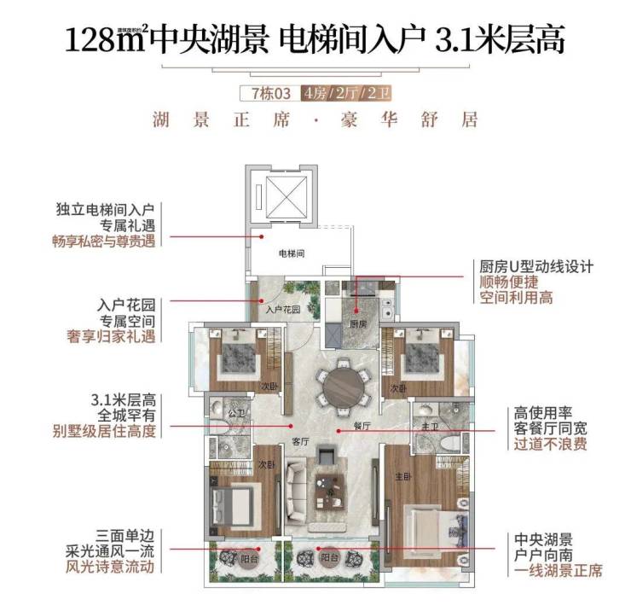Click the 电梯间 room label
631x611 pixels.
[292, 253]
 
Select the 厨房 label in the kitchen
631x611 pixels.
[357, 324]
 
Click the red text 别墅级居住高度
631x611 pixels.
[105, 431]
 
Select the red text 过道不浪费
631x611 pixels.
[550, 443]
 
